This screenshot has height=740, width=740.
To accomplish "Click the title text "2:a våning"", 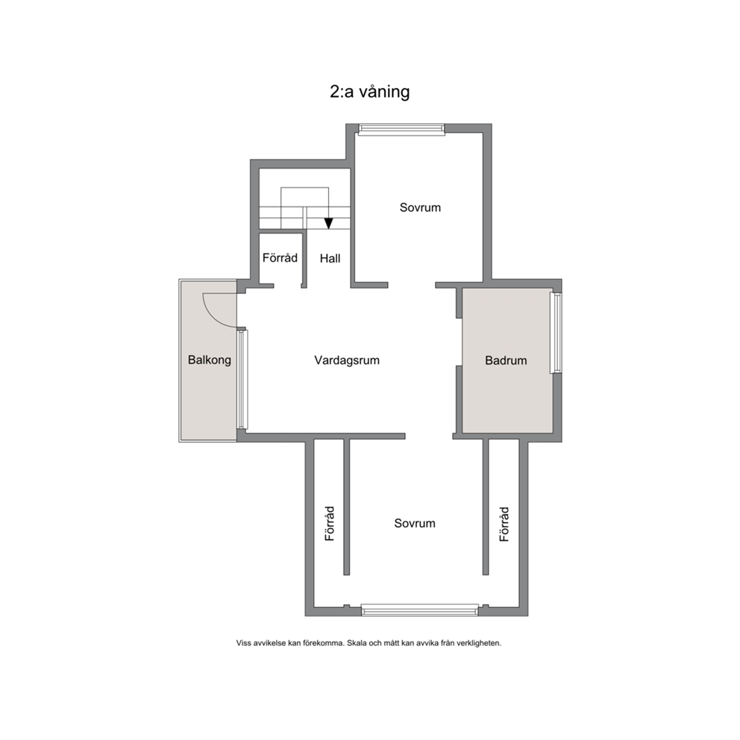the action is [x=369, y=92].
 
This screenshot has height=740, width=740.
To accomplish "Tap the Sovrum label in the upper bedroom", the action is [x=420, y=207].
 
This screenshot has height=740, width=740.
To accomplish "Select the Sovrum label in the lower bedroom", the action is [x=415, y=524].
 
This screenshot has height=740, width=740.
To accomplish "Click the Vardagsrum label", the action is [x=347, y=360].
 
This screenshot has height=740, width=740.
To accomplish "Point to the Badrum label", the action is [x=506, y=360].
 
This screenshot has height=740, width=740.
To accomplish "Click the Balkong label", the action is [x=210, y=360].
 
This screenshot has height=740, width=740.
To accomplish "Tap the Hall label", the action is [x=330, y=259].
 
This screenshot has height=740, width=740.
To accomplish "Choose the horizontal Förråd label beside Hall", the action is [x=280, y=257].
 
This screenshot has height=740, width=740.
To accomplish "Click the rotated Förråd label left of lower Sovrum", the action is [x=330, y=524].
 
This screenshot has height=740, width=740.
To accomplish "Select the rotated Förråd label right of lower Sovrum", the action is [x=504, y=524].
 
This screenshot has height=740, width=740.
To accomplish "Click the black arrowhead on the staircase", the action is [x=328, y=223].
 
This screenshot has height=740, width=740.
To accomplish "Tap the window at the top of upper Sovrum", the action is [x=401, y=129].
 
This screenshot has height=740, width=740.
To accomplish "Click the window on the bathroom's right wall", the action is [x=556, y=333].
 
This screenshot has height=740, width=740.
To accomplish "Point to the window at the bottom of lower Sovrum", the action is [x=420, y=609].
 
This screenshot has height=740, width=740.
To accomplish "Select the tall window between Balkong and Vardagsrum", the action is [x=242, y=380].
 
